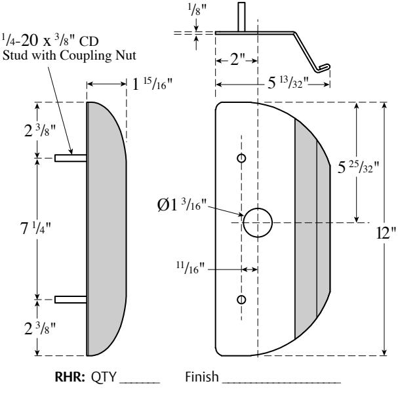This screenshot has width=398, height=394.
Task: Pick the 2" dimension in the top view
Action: click(236, 66)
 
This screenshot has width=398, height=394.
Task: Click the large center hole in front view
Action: click(258, 222)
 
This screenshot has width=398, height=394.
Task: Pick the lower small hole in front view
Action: click(241, 299)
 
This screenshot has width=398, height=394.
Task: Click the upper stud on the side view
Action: click(70, 158)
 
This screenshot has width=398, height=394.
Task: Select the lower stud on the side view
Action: click(70, 300)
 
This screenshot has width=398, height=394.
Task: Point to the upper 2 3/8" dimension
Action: click(20, 129)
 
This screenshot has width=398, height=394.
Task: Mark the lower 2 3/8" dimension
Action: click(20, 326)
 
